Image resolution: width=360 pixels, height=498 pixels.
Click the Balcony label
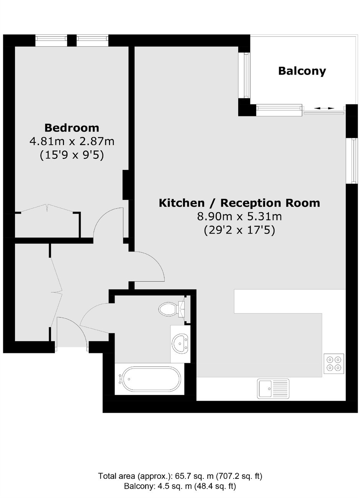coord(302,71)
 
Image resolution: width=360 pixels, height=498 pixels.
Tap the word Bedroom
coord(72,128)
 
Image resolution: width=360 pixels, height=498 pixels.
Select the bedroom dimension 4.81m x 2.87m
coord(72,141)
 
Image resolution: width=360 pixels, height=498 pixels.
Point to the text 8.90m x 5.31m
coord(239,216)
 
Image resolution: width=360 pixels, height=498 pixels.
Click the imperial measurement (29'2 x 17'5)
coord(239,230)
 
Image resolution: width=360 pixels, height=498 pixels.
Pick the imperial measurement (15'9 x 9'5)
coord(72,155)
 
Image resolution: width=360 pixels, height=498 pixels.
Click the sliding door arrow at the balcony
coord(324,108)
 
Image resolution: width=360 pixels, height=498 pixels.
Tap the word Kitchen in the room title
coord(182,203)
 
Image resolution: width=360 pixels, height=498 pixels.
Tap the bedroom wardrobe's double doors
coord(47,208)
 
